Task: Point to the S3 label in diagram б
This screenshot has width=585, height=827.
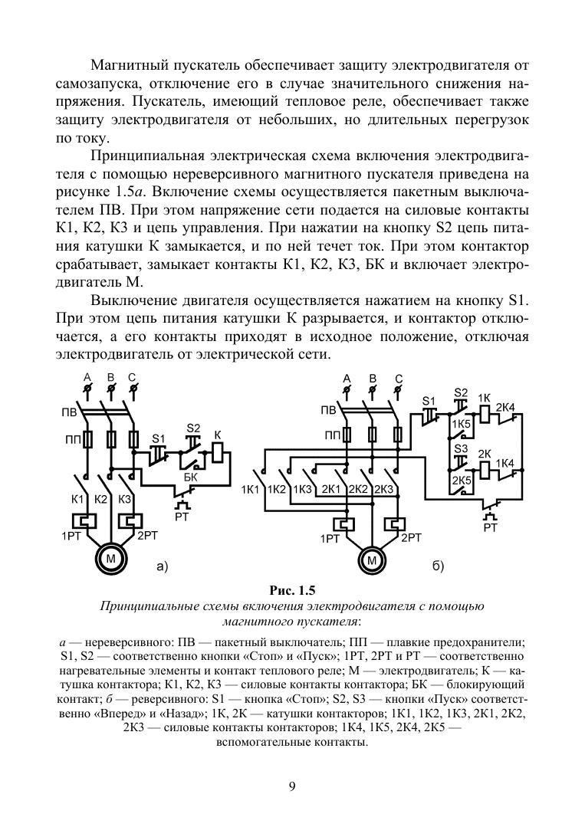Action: tap(461, 448)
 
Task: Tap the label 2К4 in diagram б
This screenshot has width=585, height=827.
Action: tap(506, 406)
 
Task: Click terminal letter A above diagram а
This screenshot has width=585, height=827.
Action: tap(87, 377)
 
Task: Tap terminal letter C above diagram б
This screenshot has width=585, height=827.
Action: tap(399, 378)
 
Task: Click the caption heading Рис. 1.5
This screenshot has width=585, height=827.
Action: tap(292, 590)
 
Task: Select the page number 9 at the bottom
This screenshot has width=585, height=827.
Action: tap(292, 785)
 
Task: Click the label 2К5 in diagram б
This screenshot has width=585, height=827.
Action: tap(461, 481)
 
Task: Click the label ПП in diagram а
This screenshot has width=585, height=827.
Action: tap(70, 441)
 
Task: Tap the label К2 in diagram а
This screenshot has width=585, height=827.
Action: tap(101, 499)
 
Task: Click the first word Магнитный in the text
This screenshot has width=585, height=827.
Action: tap(128, 67)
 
